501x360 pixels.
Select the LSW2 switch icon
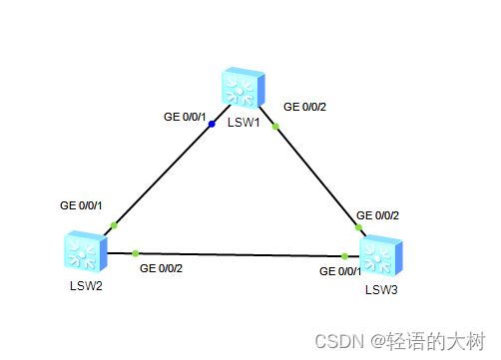83,250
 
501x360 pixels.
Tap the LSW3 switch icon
380,256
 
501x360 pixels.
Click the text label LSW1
244,123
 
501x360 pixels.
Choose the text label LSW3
380,290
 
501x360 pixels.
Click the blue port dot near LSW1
212,125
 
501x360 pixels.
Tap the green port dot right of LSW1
276,126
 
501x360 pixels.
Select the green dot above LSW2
114,225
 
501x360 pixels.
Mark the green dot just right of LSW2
135,253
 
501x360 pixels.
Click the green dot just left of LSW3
344,255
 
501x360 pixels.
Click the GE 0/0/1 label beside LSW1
185,117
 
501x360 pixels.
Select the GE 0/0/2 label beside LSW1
305,106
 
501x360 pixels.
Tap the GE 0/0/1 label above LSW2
82,205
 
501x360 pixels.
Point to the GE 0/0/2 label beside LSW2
161,268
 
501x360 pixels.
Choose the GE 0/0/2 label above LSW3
378,214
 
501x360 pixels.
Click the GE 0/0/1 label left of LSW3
340,271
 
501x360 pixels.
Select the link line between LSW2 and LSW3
240,254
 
